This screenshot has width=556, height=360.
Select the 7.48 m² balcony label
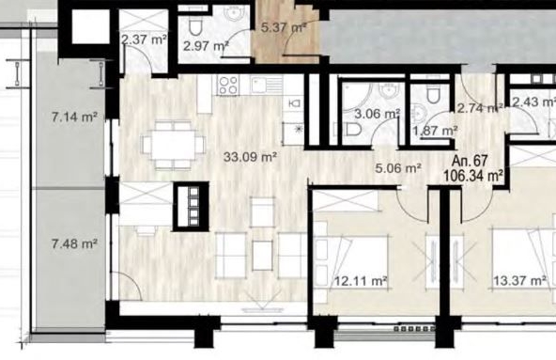75,244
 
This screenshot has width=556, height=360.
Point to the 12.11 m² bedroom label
359,279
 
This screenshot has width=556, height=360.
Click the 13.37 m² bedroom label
516,279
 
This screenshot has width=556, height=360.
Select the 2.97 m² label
206,45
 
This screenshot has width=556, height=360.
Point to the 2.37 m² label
144,39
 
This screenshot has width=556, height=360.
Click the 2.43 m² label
532,102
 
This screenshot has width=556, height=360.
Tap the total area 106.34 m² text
475,175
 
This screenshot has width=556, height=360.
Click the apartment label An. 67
469,161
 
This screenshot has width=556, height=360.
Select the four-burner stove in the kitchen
227,86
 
